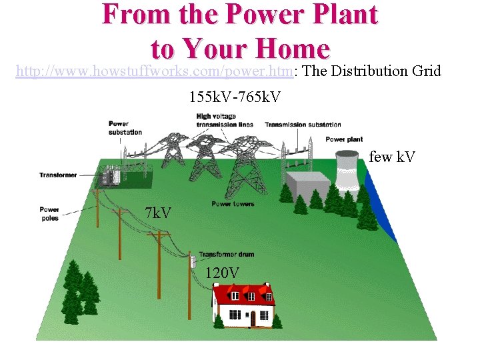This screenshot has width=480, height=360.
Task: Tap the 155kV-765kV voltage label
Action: (x=235, y=97)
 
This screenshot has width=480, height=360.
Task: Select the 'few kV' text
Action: (x=392, y=157)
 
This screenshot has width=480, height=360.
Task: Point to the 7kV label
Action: (x=158, y=213)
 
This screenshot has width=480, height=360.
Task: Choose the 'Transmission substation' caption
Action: (x=303, y=125)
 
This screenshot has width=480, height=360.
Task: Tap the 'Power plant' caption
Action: (x=344, y=139)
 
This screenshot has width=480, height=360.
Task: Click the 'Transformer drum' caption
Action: (x=226, y=254)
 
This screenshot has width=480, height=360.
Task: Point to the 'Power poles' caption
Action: (x=49, y=213)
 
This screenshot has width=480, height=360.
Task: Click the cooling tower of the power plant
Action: (x=349, y=169)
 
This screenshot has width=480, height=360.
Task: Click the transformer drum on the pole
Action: (x=191, y=261)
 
